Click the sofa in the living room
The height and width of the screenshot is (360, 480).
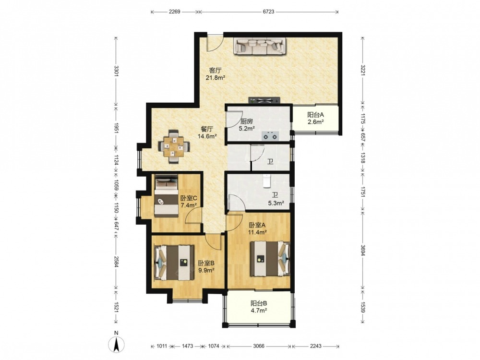click(260, 46)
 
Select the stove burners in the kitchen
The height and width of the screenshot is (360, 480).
click(271, 135)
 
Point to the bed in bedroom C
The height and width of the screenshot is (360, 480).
click(166, 196)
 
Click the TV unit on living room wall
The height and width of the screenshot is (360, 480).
click(264, 100)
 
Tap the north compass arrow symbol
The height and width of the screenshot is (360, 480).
click(116, 344)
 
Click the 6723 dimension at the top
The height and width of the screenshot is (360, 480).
click(268, 12)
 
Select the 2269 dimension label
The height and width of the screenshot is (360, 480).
click(175, 12)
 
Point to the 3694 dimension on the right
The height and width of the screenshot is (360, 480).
click(363, 250)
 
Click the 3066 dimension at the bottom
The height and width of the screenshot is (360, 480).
click(259, 346)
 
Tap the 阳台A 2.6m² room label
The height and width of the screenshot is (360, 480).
click(316, 118)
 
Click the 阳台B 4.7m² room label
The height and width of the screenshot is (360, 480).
click(259, 307)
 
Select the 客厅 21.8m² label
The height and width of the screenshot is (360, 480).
click(216, 74)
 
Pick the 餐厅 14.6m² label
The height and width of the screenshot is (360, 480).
click(207, 132)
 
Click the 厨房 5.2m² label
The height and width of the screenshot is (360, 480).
click(247, 125)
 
